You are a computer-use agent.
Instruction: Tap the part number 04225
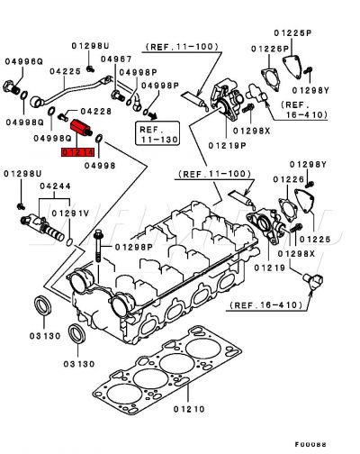(66, 70)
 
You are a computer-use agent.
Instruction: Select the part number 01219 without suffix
(269, 268)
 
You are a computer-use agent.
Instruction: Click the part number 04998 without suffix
(103, 165)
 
